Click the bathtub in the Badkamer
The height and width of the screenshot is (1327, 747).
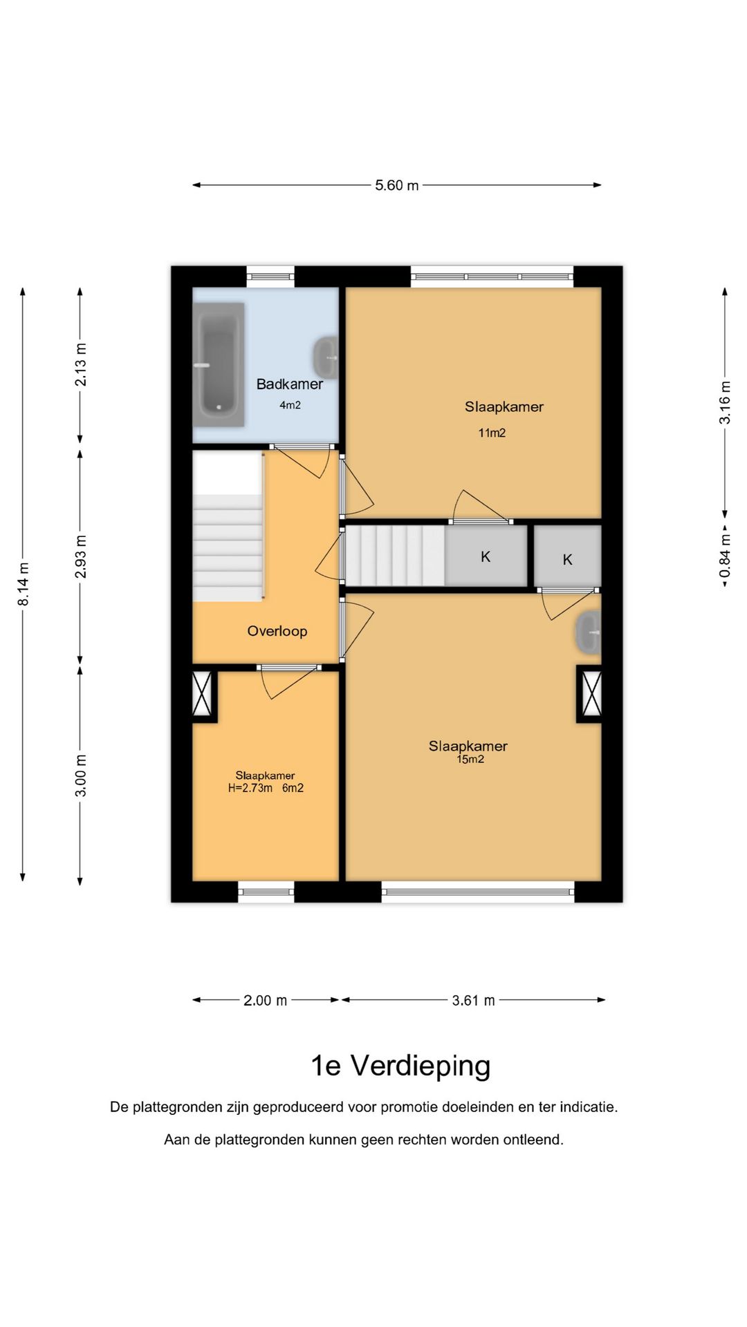(x=219, y=364)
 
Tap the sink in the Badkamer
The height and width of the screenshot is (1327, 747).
(x=325, y=358)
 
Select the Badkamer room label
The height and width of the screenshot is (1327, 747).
(x=290, y=384)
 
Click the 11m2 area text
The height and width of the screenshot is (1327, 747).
(x=492, y=433)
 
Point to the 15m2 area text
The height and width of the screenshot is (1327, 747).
(x=470, y=760)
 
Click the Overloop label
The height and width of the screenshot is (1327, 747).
(x=277, y=631)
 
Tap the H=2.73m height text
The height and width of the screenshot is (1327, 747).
(x=250, y=788)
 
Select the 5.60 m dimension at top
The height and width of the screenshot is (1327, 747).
(x=397, y=185)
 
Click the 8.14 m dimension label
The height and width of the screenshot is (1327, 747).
(x=24, y=585)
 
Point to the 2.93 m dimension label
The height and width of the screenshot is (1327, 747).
(x=81, y=557)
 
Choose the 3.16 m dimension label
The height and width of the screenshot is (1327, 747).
(x=725, y=403)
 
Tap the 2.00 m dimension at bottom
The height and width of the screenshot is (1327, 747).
(x=265, y=1000)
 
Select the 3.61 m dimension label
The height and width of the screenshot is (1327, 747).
(x=474, y=1000)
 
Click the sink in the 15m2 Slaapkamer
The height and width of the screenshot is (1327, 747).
(x=589, y=632)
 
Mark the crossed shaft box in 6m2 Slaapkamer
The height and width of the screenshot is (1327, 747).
(x=204, y=693)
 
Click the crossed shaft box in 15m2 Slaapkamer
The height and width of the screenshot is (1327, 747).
(x=590, y=693)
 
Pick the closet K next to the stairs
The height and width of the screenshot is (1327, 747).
(x=486, y=556)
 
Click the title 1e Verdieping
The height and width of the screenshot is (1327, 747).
(x=400, y=1066)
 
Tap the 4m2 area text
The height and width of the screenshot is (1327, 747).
(x=290, y=406)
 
